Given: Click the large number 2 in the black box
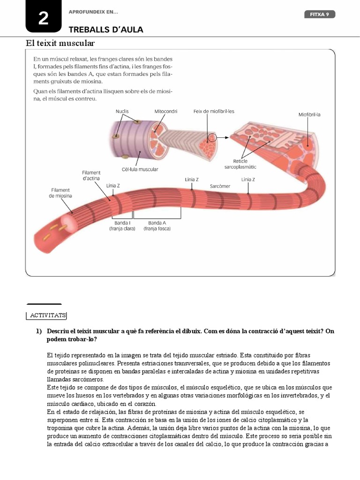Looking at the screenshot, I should click(43, 19).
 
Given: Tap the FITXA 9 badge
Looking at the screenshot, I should click(320, 15).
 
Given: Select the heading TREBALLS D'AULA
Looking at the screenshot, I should click(106, 30).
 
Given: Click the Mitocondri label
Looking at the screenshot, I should click(166, 111).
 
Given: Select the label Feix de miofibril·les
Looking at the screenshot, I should click(214, 111).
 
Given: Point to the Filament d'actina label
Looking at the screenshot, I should click(91, 175).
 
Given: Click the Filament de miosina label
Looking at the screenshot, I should click(60, 193).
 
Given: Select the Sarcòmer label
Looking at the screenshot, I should click(220, 186).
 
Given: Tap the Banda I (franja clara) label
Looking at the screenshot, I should click(122, 225).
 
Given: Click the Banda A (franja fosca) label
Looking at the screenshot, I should click(157, 225).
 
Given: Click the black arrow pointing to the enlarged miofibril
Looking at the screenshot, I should click(224, 138).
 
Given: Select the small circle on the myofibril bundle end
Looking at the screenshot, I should click(213, 138).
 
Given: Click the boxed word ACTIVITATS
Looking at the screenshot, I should click(46, 315).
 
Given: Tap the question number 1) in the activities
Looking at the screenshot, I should click(39, 331).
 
